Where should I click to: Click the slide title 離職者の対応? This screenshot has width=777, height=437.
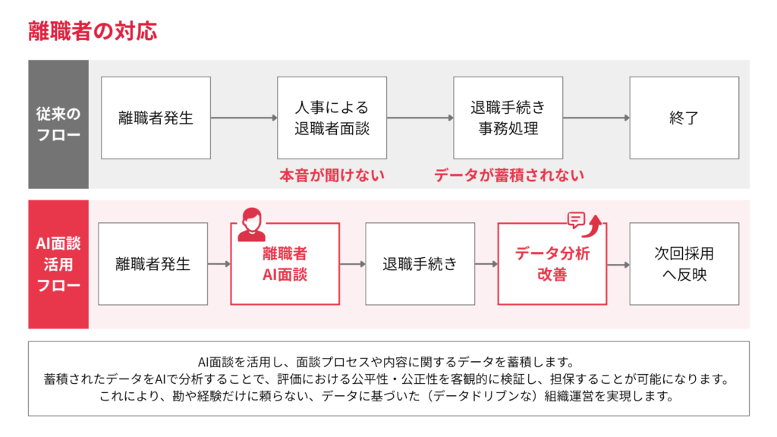point(93,31)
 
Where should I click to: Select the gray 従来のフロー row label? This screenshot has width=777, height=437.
point(58,124)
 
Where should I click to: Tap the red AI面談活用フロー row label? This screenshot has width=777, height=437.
point(58,264)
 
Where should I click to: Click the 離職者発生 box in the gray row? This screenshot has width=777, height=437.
point(156,118)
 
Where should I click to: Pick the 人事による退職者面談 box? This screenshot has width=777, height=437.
point(332,118)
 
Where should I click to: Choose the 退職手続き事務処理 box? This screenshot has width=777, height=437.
point(508,118)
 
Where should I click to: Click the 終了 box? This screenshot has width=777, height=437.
point(684,118)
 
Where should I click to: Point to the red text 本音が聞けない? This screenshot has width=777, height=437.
point(332,175)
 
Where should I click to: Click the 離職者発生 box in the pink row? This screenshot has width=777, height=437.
point(153,264)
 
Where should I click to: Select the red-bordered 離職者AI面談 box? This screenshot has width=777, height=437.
point(285,264)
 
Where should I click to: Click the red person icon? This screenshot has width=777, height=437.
point(251,225)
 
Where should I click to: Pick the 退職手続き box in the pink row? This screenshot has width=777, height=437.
point(420,264)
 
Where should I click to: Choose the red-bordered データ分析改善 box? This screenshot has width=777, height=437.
point(552,264)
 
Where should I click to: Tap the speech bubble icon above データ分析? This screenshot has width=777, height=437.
point(577,220)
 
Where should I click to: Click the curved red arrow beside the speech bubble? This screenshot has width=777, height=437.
point(595,222)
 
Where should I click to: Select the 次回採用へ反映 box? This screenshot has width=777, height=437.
point(684,264)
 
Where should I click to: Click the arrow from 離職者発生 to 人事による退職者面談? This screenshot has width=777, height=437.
point(244,118)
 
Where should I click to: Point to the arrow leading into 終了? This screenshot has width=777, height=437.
point(596,118)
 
